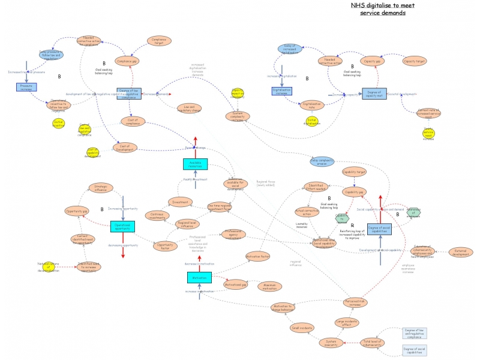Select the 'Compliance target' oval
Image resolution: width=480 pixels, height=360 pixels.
(159, 41)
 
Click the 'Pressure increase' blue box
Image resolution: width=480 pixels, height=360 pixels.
(26, 87)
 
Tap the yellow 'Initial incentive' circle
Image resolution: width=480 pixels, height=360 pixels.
(58, 123)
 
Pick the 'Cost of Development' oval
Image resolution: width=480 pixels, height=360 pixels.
(125, 148)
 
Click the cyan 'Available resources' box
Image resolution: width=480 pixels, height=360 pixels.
(195, 164)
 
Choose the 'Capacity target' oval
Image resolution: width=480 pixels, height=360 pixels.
(415, 61)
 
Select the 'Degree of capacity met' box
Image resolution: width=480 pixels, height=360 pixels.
(374, 94)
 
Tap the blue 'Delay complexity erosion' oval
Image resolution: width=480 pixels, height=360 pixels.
(322, 161)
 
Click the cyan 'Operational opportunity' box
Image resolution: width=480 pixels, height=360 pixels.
(122, 226)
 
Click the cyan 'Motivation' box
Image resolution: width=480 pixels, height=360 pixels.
(199, 277)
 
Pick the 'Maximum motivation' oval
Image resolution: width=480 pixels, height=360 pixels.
(269, 286)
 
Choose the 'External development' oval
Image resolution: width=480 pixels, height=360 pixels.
(461, 253)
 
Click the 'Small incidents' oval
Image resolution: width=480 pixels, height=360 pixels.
(302, 328)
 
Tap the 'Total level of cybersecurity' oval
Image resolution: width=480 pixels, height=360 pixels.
(372, 343)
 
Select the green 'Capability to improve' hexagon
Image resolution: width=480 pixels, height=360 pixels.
(341, 218)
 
